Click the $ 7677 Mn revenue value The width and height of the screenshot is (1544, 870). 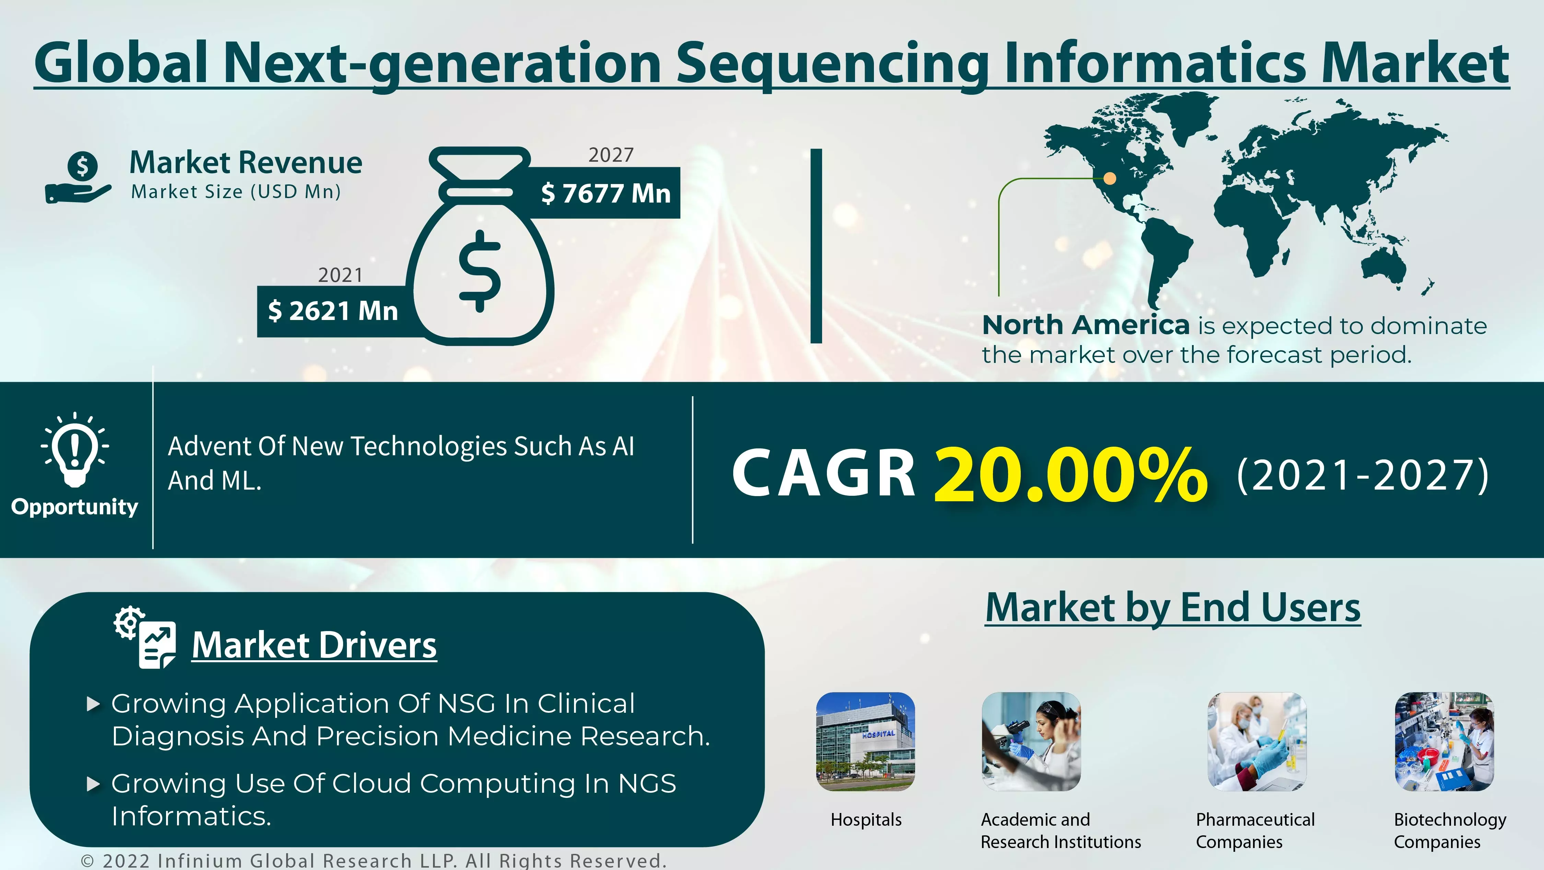click(x=605, y=193)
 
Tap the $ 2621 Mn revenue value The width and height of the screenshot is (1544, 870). click(x=333, y=311)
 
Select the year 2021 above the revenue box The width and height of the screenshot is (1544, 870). click(x=340, y=275)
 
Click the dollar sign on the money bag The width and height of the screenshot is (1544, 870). click(x=480, y=271)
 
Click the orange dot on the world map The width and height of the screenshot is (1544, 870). click(x=1110, y=178)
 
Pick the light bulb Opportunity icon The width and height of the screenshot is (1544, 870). click(x=75, y=450)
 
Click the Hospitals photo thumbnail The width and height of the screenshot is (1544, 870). click(x=866, y=742)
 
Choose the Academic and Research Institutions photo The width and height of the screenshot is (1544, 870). click(x=1031, y=742)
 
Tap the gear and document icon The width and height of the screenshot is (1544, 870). click(x=145, y=637)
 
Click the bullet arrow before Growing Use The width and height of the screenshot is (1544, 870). click(x=93, y=784)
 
